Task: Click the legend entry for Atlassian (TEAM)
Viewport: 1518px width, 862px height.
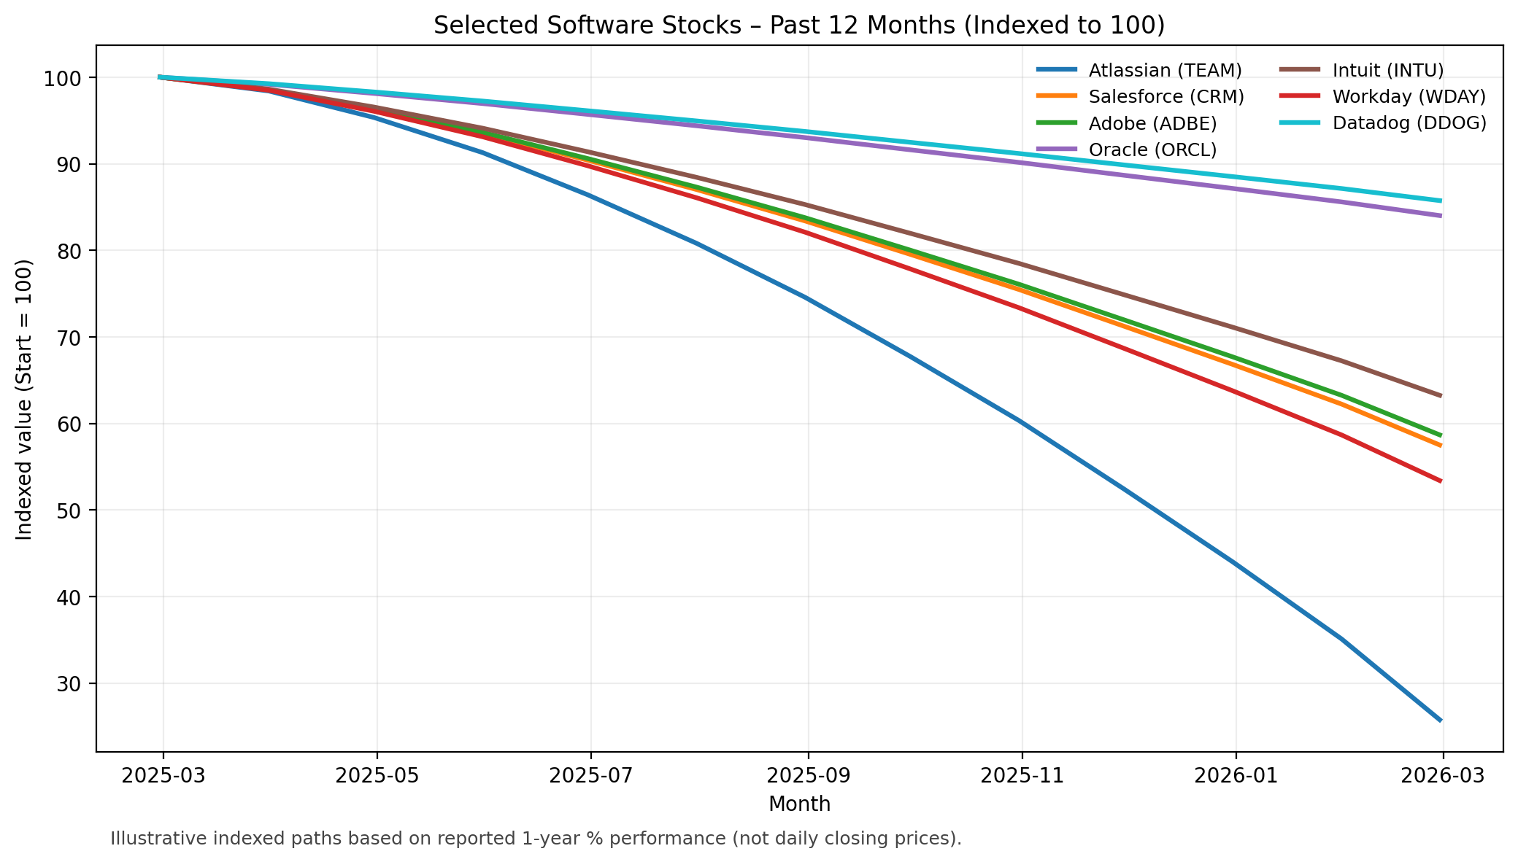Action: coord(1164,70)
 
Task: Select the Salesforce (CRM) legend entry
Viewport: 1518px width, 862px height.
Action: coord(1166,96)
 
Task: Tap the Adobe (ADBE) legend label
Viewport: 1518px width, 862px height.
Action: coord(1152,123)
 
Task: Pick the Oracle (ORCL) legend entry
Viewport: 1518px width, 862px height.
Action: coord(1152,150)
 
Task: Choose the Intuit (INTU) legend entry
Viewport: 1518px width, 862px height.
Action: coord(1387,70)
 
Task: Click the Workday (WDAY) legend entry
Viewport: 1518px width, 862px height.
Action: coord(1409,96)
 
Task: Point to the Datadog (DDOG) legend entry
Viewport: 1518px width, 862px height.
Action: coord(1409,123)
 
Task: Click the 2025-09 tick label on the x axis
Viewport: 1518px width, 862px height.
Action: coord(808,775)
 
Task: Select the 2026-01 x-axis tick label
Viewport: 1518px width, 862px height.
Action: coord(1236,775)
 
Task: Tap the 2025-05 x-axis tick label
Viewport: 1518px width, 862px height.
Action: coord(377,775)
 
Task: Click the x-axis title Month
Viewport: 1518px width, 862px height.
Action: coord(799,804)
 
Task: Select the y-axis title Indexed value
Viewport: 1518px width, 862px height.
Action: coord(25,399)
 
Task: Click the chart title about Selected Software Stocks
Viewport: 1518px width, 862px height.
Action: coord(799,25)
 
